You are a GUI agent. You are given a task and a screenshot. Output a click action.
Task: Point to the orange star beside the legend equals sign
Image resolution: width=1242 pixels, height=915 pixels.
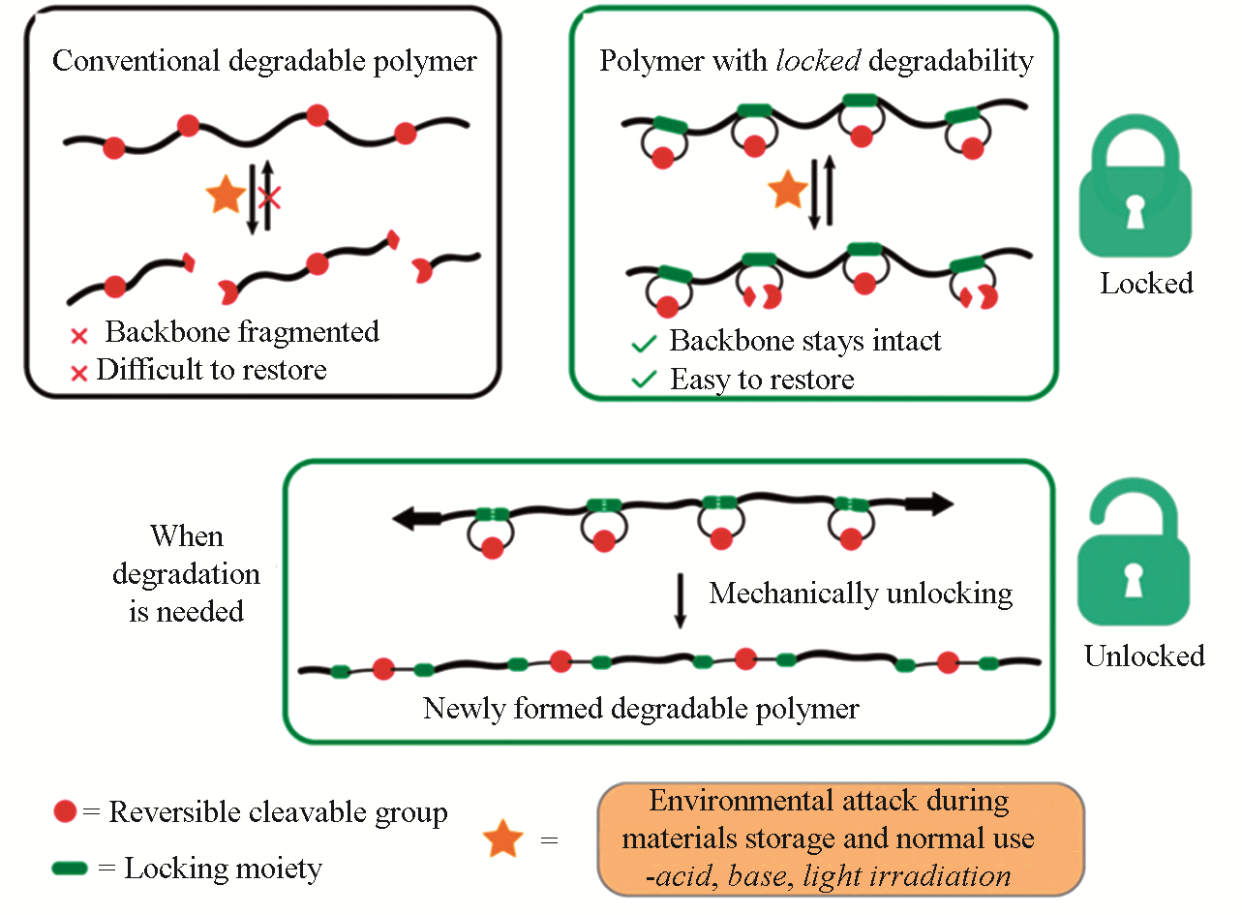pyautogui.click(x=503, y=839)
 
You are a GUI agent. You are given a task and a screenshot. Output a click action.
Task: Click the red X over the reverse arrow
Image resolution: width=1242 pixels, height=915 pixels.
pyautogui.click(x=269, y=198)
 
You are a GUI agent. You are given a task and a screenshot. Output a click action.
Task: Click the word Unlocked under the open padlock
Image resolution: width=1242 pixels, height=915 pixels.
pyautogui.click(x=1143, y=656)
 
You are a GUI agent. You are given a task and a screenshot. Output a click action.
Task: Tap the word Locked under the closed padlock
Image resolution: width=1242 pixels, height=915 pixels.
pyautogui.click(x=1146, y=284)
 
